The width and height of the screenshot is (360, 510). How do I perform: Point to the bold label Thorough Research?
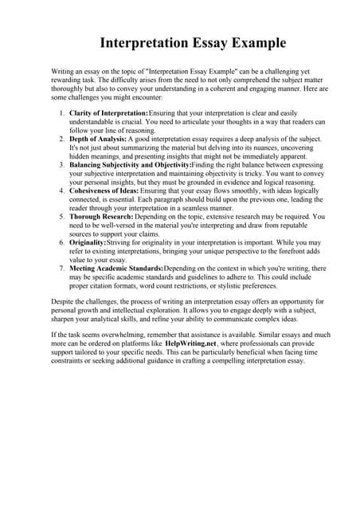[101, 215]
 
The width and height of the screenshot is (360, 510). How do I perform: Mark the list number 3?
[63, 164]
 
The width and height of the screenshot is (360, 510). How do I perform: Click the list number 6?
[63, 241]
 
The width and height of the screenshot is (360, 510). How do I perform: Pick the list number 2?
[63, 139]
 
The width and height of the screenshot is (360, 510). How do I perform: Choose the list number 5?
[63, 215]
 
